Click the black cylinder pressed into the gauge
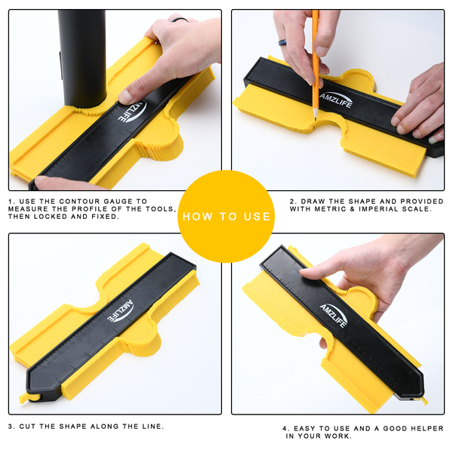[82, 58]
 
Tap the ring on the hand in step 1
[180, 20]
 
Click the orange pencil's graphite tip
[316, 119]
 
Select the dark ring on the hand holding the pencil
[283, 43]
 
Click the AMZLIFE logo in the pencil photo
[336, 100]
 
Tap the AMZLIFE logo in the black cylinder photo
[133, 111]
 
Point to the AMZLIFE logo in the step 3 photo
[121, 310]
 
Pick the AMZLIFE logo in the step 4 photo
[334, 315]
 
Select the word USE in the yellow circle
[257, 217]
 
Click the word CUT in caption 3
[28, 426]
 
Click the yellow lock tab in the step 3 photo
[26, 398]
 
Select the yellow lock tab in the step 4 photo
[423, 400]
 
